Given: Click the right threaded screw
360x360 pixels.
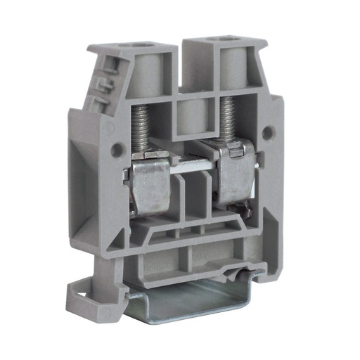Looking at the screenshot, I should point(226,116).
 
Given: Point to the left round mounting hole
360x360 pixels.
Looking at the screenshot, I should point(117,150).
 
